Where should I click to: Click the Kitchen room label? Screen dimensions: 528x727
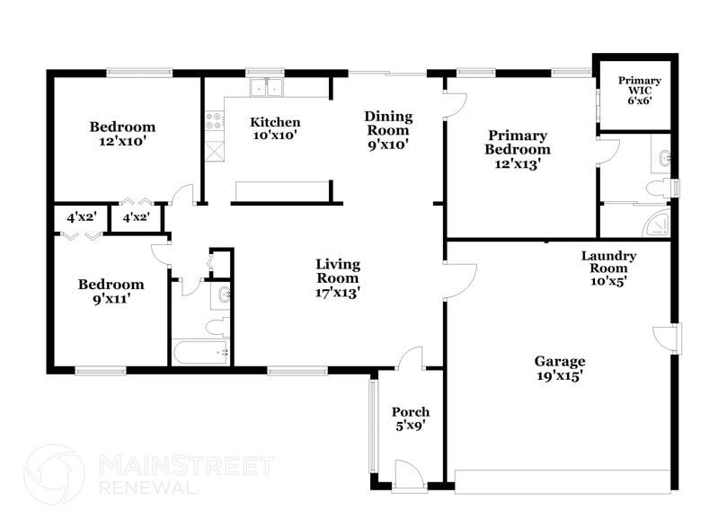[275, 128]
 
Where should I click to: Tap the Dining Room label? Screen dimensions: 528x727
[388, 130]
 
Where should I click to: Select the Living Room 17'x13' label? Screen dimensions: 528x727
[338, 277]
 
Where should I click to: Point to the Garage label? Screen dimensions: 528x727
[560, 368]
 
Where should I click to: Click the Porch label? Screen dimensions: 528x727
[411, 418]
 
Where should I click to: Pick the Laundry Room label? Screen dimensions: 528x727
[608, 268]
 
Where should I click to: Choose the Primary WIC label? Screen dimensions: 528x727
[639, 91]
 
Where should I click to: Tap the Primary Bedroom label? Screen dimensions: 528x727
[517, 150]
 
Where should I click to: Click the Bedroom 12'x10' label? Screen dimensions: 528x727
[122, 134]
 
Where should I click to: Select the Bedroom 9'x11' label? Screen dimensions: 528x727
[111, 292]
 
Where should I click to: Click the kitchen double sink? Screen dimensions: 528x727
[265, 88]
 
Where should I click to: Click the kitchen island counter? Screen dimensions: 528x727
[280, 190]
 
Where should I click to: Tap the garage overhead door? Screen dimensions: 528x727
[563, 480]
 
